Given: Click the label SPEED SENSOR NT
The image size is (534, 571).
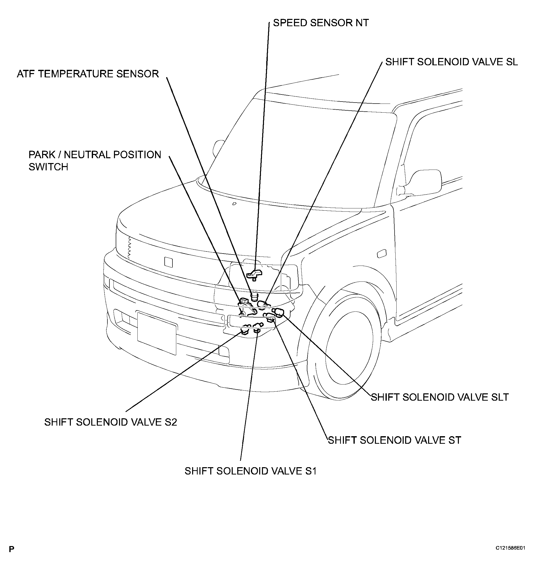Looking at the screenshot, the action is coord(321,23).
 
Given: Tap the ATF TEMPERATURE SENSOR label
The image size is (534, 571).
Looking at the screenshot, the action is coord(88,74).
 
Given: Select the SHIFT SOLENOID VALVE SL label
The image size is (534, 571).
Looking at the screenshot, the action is coord(452,62).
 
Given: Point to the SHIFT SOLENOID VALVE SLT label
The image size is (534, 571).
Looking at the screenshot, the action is coord(440,397).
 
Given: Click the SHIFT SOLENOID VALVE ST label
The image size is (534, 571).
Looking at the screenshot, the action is coord(394,440).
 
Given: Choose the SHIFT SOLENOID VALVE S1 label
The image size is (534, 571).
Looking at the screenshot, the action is coord(251,471).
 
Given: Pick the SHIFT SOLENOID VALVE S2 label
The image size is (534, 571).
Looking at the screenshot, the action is coord(111,422).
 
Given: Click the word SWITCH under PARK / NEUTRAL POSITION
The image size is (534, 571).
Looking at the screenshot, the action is coord(48,167).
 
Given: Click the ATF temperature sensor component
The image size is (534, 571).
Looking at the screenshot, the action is coord(254,296).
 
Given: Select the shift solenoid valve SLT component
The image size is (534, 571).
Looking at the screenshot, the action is coord(278,312).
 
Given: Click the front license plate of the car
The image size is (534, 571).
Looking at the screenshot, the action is coord(157,333).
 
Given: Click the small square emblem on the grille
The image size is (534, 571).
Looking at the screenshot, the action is coord(168,262).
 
